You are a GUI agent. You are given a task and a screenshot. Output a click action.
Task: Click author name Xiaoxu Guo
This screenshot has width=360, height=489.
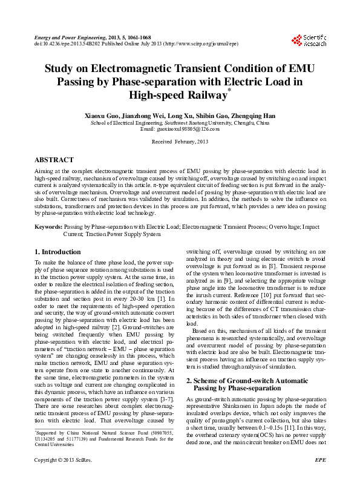pos(106,114)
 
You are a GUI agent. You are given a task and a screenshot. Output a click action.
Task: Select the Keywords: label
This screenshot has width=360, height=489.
pos(48,226)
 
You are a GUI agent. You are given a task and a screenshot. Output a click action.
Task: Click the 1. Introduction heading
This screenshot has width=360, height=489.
pos(57,252)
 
